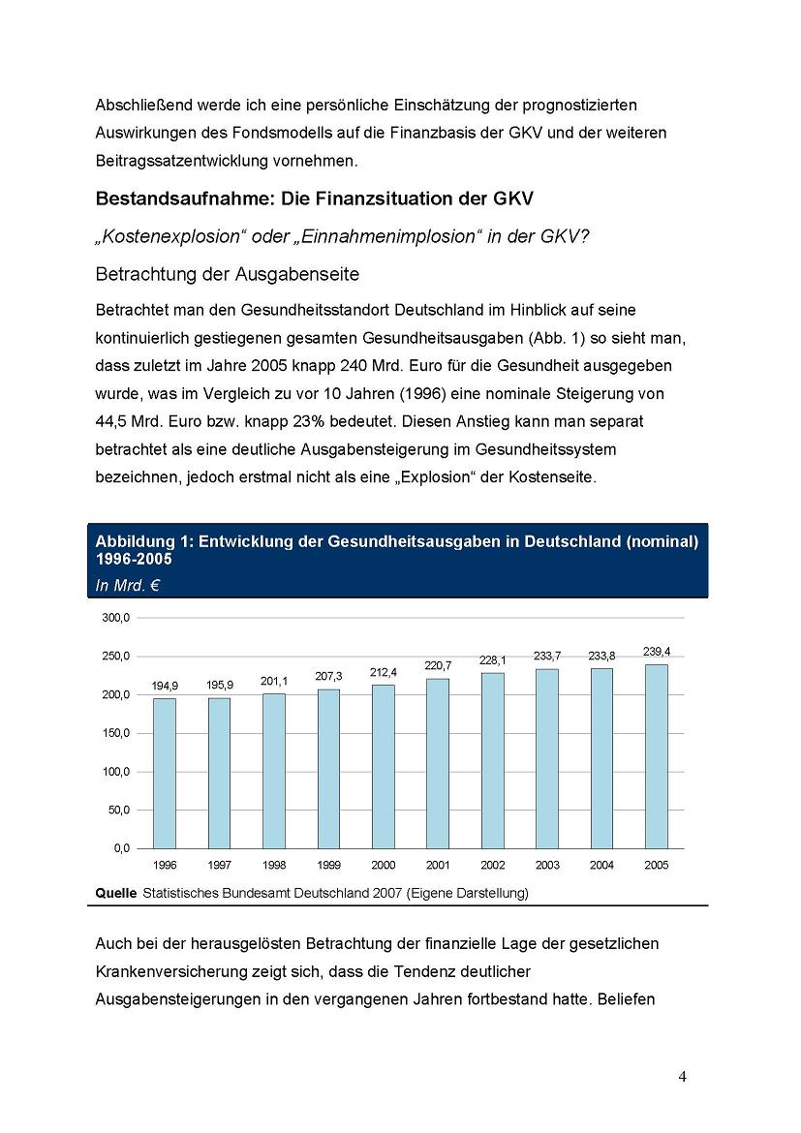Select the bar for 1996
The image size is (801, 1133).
[x=165, y=773]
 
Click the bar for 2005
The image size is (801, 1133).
[x=656, y=755]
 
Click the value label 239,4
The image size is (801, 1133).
[x=657, y=652]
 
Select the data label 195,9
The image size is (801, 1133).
[x=220, y=685]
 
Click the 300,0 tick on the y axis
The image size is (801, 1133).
[x=117, y=618]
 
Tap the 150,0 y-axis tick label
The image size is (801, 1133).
[x=117, y=733]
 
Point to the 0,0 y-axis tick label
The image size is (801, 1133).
[x=121, y=848]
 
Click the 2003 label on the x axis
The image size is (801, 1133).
[x=547, y=865]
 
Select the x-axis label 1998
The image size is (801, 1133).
[x=274, y=865]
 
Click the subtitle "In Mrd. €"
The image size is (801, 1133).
[x=127, y=584]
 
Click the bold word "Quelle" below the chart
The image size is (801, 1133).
[x=116, y=893]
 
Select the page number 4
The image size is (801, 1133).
[x=683, y=1077]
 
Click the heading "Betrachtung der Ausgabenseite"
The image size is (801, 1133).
[x=228, y=275]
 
